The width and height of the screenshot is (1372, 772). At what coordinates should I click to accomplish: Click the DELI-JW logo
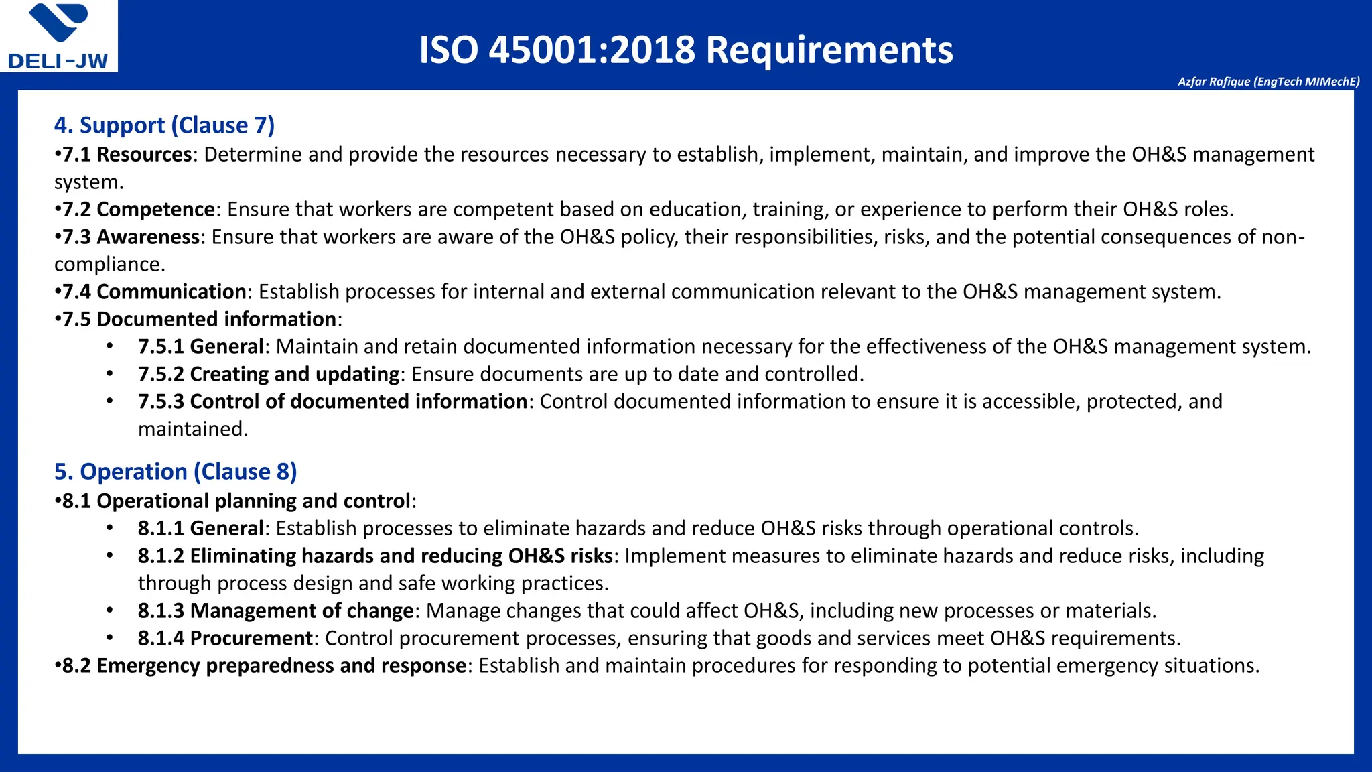click(58, 36)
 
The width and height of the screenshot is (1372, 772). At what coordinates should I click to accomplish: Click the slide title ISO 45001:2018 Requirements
click(685, 50)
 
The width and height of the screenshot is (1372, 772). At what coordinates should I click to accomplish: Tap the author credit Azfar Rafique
click(1268, 82)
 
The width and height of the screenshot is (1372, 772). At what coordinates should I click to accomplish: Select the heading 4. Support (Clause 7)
click(164, 125)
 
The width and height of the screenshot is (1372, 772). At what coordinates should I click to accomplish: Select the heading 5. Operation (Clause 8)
click(176, 472)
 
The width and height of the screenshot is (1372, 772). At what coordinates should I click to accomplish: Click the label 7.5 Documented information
click(199, 320)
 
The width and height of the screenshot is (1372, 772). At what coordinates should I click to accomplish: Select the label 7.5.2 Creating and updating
click(269, 375)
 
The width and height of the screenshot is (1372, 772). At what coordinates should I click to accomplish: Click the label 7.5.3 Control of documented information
click(332, 402)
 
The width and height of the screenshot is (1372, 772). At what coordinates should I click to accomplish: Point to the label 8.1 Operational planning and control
click(236, 501)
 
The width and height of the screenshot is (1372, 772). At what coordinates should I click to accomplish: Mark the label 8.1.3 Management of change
click(275, 611)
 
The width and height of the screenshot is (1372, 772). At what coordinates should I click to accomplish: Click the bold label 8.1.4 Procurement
click(225, 639)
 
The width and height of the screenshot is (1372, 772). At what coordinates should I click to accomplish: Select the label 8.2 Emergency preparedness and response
click(265, 666)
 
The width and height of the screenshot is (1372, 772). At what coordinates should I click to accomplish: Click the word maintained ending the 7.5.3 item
click(192, 430)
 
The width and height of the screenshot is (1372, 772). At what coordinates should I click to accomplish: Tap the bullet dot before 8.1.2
click(109, 556)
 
